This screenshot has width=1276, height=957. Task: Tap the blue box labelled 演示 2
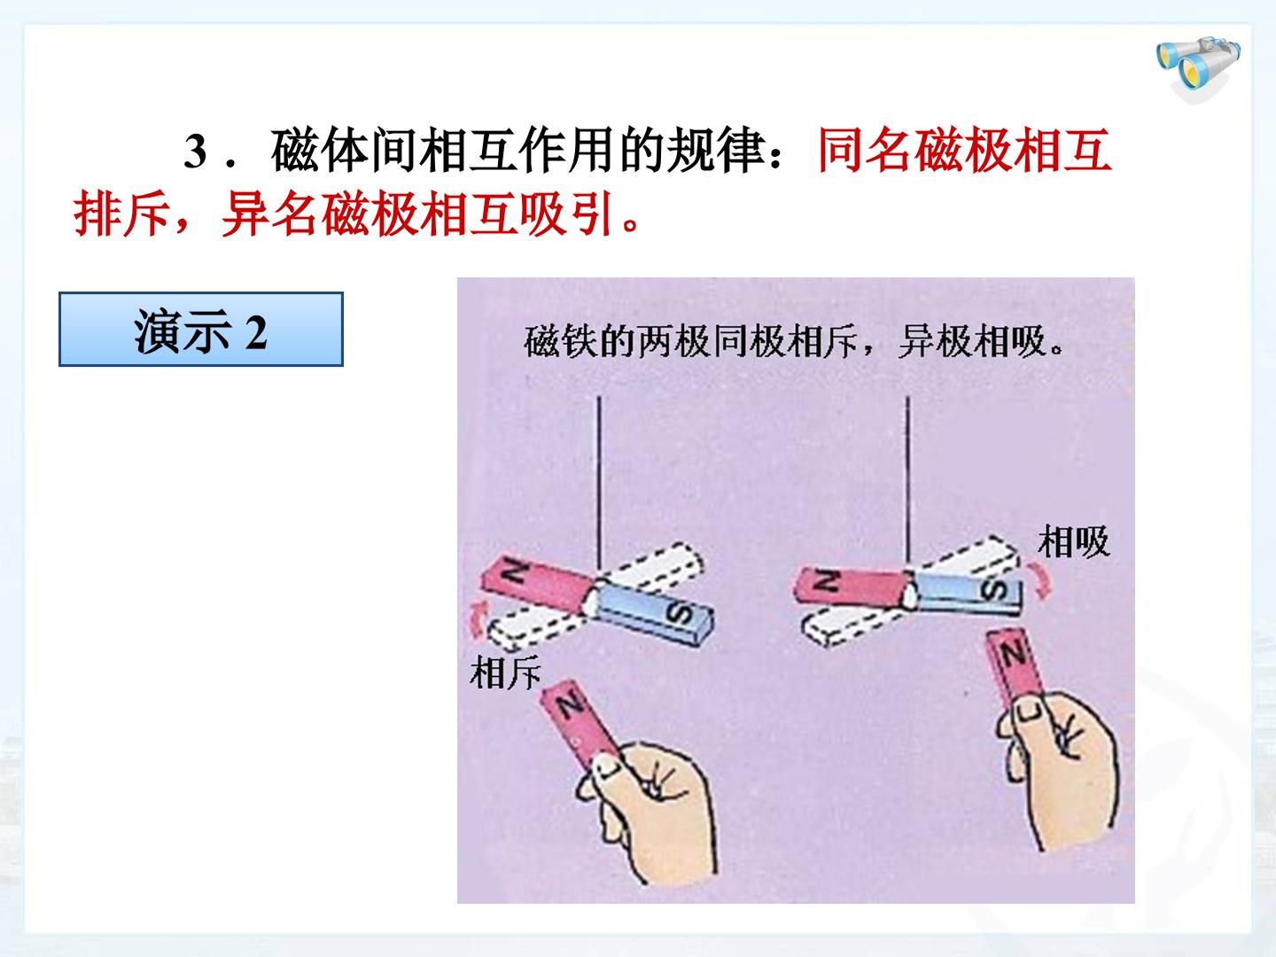click(x=201, y=330)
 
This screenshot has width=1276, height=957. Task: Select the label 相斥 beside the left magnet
click(x=505, y=673)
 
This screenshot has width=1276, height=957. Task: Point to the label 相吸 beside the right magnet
click(x=1074, y=541)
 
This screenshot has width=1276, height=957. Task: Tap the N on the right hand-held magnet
click(x=1012, y=655)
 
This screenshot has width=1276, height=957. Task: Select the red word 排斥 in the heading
click(x=122, y=214)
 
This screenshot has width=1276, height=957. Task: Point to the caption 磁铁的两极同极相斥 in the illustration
click(x=691, y=341)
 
